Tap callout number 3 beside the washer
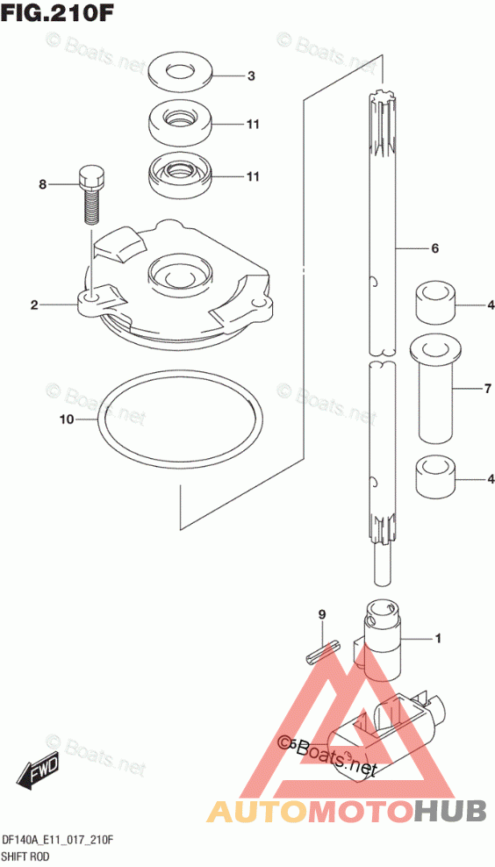click(251, 76)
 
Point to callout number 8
click(43, 185)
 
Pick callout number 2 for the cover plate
click(34, 305)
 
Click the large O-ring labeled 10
click(179, 418)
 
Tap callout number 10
click(67, 420)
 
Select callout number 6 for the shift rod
click(435, 249)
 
